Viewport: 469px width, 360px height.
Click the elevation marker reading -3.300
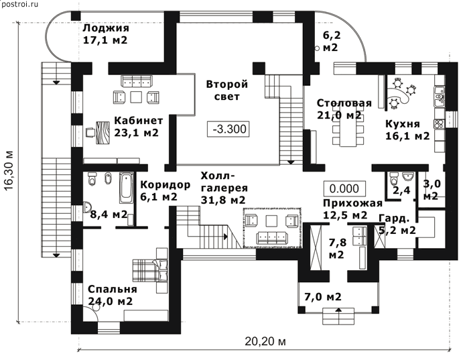(x=228, y=129)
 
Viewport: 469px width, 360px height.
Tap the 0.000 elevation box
(x=344, y=188)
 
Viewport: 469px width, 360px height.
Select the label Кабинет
(x=139, y=120)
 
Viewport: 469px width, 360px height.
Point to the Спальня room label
(x=113, y=290)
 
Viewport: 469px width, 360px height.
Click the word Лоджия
(x=106, y=28)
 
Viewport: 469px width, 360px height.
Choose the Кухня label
(x=402, y=123)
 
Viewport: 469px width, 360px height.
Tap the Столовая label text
(x=344, y=103)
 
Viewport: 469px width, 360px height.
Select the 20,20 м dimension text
(x=265, y=341)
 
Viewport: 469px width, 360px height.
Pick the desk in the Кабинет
(x=103, y=133)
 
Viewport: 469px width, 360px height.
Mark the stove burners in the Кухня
(x=440, y=124)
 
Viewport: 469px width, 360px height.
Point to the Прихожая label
(x=352, y=203)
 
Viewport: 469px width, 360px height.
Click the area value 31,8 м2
(x=223, y=200)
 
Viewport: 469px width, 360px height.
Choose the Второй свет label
(x=226, y=91)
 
